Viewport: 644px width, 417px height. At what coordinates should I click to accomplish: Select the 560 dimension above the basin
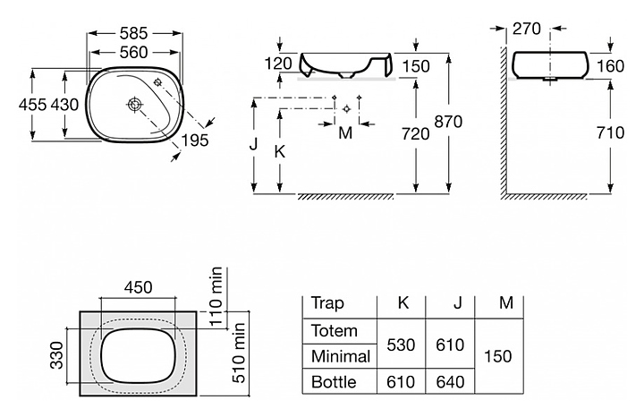tap(133, 53)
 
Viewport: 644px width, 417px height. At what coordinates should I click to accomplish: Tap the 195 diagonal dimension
tap(196, 140)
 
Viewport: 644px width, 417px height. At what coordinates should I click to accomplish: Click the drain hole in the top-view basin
tap(135, 104)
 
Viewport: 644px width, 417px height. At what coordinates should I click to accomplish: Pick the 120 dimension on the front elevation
tap(279, 64)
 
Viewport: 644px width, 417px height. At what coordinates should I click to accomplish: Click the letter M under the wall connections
tap(346, 132)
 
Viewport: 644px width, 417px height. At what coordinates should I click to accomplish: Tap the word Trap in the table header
tap(327, 303)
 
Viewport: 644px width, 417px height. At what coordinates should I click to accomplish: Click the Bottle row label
tap(334, 382)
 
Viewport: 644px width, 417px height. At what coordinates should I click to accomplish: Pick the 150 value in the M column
tap(497, 356)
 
